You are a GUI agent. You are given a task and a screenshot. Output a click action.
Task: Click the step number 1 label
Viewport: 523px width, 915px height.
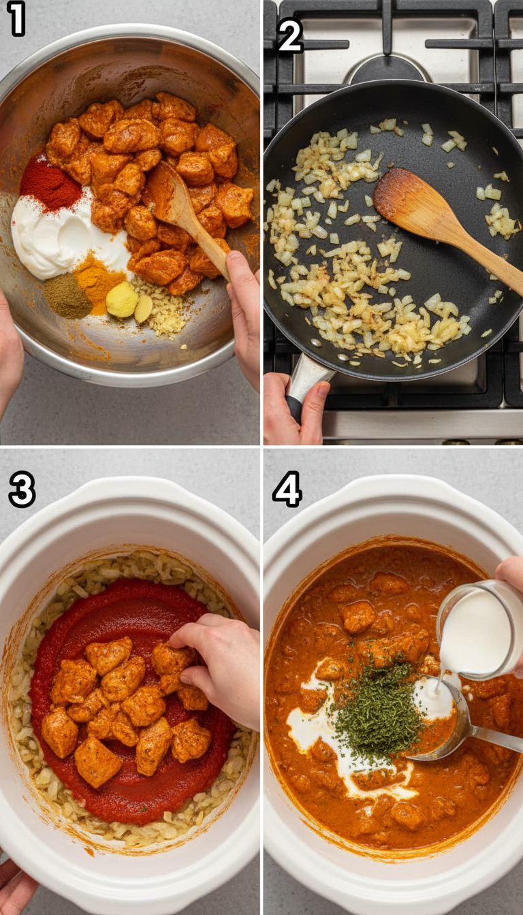pos(16,19)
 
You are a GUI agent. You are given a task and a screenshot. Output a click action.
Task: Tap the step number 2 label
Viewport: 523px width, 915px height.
pos(290,36)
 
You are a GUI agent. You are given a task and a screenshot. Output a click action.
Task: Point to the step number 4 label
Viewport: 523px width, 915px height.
pos(287,489)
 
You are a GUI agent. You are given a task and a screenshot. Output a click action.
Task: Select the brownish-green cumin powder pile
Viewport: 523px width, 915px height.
pos(67,296)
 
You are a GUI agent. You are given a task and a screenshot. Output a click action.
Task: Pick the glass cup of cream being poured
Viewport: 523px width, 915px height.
pos(480,630)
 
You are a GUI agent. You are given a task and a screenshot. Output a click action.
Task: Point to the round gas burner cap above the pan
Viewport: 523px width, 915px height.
pos(388,68)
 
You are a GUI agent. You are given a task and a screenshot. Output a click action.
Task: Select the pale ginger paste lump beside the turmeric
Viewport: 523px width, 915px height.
pos(123,300)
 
